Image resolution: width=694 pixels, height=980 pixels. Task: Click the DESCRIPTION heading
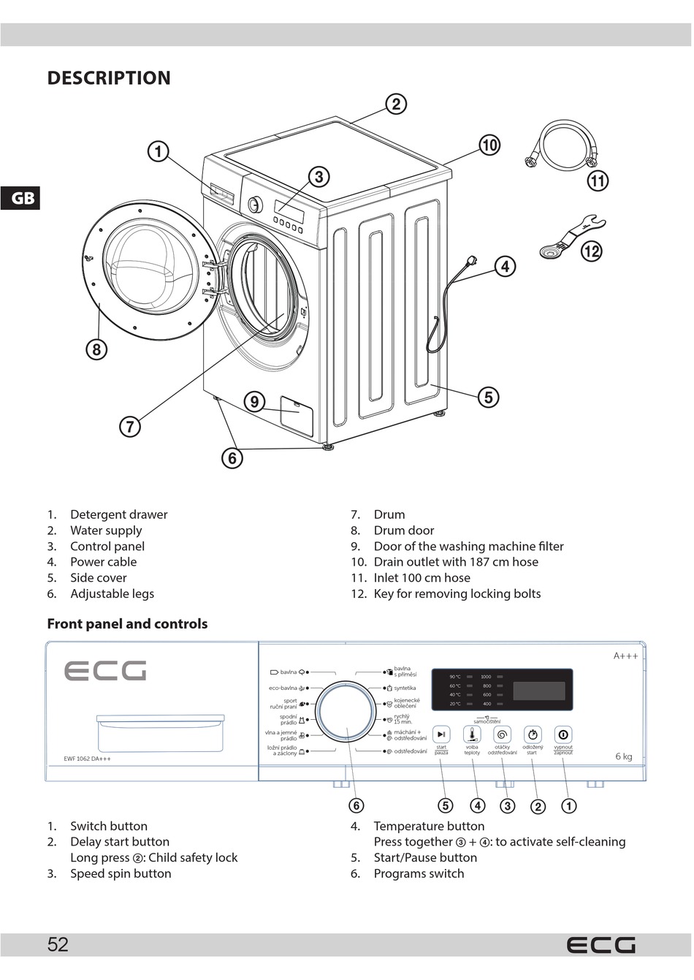pyautogui.click(x=109, y=78)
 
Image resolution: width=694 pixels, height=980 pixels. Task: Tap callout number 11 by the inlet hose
pyautogui.click(x=598, y=181)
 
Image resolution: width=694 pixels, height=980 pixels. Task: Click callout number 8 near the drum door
pyautogui.click(x=96, y=349)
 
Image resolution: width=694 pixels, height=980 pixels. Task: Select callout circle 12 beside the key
pyautogui.click(x=591, y=251)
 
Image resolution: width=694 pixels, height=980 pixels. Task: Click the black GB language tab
pyautogui.click(x=20, y=198)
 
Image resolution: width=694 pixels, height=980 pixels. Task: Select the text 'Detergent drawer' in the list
pyautogui.click(x=118, y=514)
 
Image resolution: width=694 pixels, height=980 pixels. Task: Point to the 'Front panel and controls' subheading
pyautogui.click(x=127, y=624)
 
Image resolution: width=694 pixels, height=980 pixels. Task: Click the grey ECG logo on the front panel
pyautogui.click(x=105, y=671)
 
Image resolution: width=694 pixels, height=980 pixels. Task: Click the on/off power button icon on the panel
pyautogui.click(x=563, y=734)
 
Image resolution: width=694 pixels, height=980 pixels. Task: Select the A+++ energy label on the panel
pyautogui.click(x=625, y=656)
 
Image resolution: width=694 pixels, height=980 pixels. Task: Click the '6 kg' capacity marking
pyautogui.click(x=623, y=756)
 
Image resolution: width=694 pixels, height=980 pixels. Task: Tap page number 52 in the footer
pyautogui.click(x=58, y=945)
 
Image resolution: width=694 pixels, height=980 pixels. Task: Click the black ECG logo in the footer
pyautogui.click(x=600, y=946)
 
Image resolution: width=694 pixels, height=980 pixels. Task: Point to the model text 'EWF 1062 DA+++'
pyautogui.click(x=88, y=759)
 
